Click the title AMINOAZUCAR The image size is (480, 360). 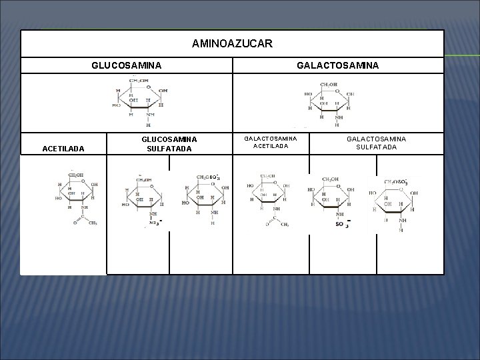click(x=231, y=44)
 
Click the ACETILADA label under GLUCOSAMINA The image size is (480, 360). click(x=63, y=149)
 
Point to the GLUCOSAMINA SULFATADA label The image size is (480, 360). click(x=169, y=144)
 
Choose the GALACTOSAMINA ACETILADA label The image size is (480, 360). click(x=270, y=142)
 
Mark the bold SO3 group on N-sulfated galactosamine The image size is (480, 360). click(x=341, y=225)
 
